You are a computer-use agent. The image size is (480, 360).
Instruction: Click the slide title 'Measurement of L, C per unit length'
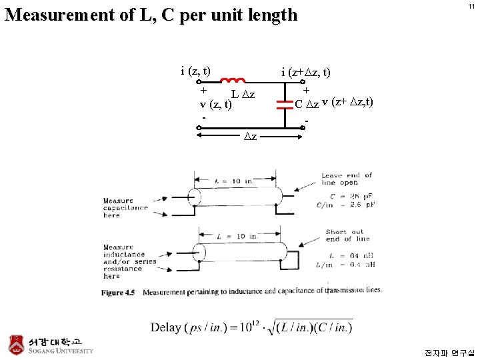[x=151, y=15]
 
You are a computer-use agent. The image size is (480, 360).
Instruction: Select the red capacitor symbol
[x=285, y=103]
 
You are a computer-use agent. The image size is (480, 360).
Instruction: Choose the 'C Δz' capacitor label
[x=307, y=104]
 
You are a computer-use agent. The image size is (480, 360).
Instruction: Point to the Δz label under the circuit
[x=250, y=136]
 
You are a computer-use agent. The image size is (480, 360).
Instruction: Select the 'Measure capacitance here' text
[x=125, y=208]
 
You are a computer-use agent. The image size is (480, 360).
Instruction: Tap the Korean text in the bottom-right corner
[x=451, y=352]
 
